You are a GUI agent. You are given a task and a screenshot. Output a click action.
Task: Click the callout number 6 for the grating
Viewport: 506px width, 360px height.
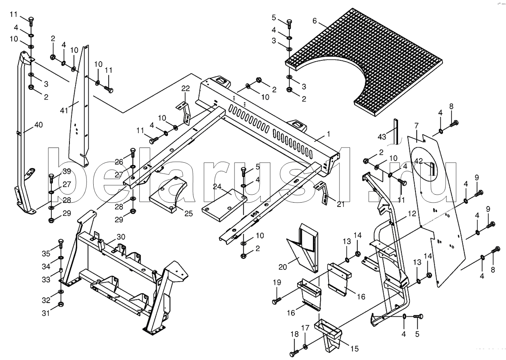pyautogui.click(x=315, y=21)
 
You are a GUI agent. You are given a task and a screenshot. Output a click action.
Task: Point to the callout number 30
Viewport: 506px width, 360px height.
pyautogui.click(x=120, y=237)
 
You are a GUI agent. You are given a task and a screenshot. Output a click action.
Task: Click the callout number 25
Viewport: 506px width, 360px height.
pyautogui.click(x=188, y=213)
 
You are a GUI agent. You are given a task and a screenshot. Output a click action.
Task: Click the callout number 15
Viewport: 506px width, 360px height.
pyautogui.click(x=354, y=349)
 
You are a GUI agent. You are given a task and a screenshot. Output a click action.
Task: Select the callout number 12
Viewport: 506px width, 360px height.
pyautogui.click(x=412, y=214)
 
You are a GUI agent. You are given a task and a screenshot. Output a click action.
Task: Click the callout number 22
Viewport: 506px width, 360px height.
pyautogui.click(x=185, y=88)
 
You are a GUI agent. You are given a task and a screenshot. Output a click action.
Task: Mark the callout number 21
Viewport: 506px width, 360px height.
pyautogui.click(x=341, y=204)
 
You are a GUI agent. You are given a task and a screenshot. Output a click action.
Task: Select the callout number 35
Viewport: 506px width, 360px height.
pyautogui.click(x=46, y=253)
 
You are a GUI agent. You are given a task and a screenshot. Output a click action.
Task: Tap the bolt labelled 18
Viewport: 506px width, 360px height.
pyautogui.click(x=293, y=354)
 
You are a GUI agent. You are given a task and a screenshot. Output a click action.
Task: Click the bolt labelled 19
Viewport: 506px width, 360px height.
pyautogui.click(x=276, y=301)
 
